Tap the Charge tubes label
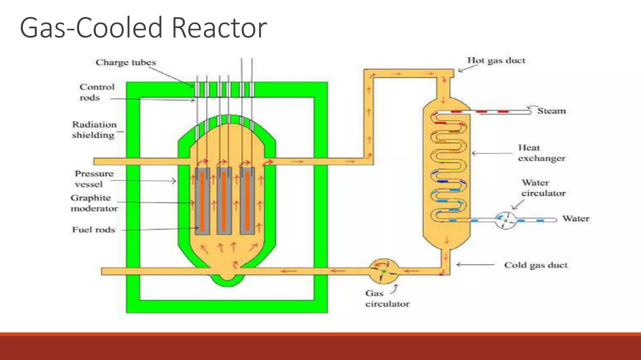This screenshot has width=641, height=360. (126, 62)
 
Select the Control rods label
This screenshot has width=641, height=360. (97, 92)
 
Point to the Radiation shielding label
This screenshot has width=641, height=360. (94, 130)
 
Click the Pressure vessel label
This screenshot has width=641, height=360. (94, 179)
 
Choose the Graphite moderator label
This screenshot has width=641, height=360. (94, 203)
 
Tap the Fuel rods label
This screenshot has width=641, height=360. (94, 230)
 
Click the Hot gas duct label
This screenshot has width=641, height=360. (496, 61)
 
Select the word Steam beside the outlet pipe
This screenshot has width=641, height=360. (551, 111)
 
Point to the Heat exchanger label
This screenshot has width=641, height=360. (541, 153)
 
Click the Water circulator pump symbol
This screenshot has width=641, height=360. (505, 221)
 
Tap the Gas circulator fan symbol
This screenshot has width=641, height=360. (384, 271)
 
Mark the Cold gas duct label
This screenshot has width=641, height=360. (536, 265)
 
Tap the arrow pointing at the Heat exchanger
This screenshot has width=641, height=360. (491, 153)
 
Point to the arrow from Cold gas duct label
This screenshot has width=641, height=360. (475, 265)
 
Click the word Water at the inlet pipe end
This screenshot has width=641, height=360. (576, 218)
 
